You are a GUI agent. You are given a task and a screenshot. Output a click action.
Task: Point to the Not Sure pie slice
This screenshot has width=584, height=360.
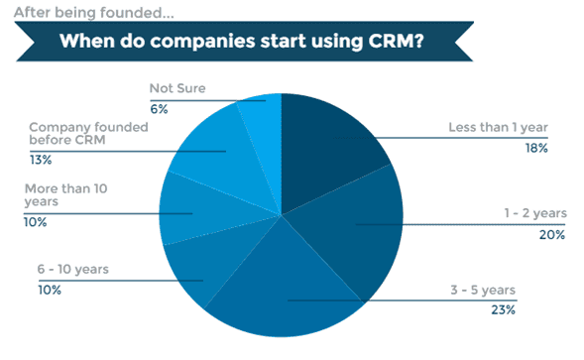[264, 111]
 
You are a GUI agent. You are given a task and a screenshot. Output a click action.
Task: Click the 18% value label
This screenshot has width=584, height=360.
[535, 148]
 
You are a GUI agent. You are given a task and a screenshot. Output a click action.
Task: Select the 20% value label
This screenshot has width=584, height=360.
[536, 235]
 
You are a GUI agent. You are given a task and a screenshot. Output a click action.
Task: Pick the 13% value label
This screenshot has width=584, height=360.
[40, 158]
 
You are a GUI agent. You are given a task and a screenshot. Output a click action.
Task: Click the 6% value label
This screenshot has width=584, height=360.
[159, 105]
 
